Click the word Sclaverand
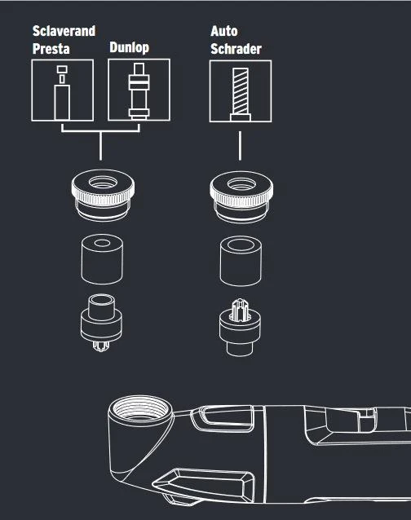point(64,31)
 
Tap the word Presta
point(51,49)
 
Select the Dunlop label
point(130,47)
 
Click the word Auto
point(224,31)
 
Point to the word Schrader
point(236,49)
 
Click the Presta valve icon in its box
point(62,93)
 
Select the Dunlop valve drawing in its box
point(139,90)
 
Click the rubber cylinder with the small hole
point(102,259)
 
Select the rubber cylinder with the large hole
point(241,261)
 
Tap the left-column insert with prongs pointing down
point(101,322)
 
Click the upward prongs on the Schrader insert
point(241,311)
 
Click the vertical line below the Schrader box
point(240,146)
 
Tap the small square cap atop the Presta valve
point(62,69)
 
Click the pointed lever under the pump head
point(203,483)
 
